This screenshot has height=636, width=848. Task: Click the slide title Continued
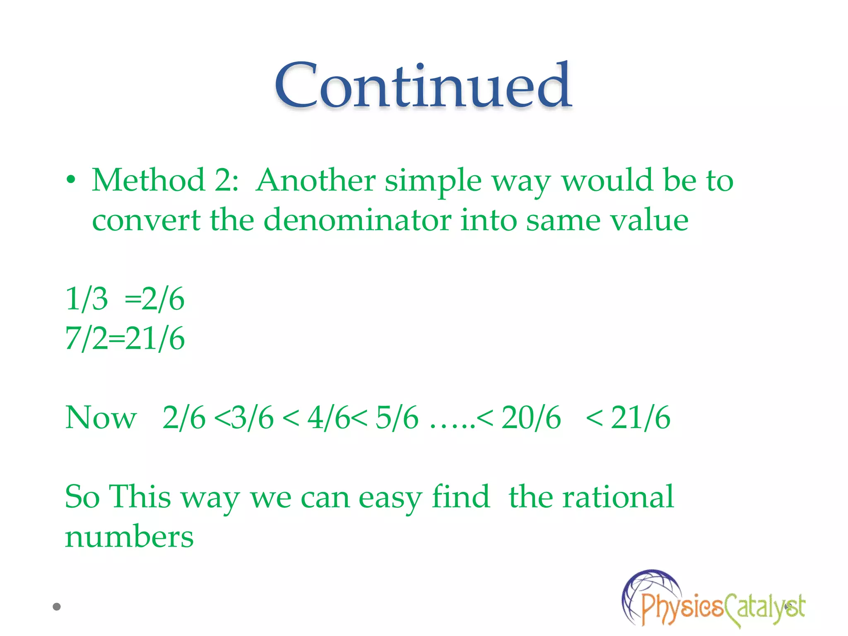click(x=423, y=86)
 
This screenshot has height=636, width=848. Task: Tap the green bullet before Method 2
click(x=71, y=180)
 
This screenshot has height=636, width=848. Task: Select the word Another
click(x=316, y=181)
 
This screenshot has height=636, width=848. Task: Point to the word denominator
click(x=357, y=220)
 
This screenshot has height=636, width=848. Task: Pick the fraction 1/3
click(x=87, y=299)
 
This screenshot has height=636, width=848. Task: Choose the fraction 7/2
click(x=86, y=338)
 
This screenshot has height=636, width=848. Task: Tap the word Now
click(x=101, y=417)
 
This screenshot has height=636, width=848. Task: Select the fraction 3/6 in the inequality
click(x=253, y=417)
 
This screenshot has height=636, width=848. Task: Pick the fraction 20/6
click(x=531, y=417)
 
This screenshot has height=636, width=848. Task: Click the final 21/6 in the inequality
click(x=641, y=417)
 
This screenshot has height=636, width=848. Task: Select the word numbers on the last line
click(x=129, y=537)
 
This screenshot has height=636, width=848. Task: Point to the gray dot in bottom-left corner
click(x=57, y=607)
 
